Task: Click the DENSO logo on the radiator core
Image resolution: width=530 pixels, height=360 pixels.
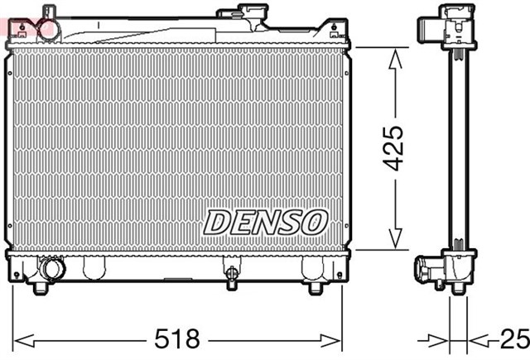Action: tap(266, 221)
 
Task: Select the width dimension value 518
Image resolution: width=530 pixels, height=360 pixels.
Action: tap(179, 338)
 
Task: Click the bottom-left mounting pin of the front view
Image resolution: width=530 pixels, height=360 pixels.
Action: tap(38, 288)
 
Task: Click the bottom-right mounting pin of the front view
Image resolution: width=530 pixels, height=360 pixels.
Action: tap(316, 288)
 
